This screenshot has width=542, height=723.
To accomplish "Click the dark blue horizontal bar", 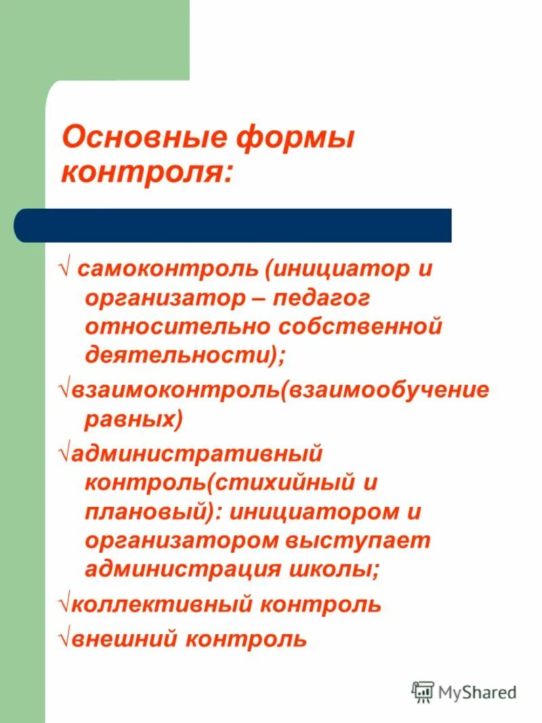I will click(x=232, y=225).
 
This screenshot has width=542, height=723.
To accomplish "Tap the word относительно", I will click(x=175, y=327).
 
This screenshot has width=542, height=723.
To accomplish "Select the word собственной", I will click(x=359, y=327).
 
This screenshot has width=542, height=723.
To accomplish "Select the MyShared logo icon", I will click(x=423, y=692).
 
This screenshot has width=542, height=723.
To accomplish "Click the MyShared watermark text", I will click(x=477, y=693).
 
